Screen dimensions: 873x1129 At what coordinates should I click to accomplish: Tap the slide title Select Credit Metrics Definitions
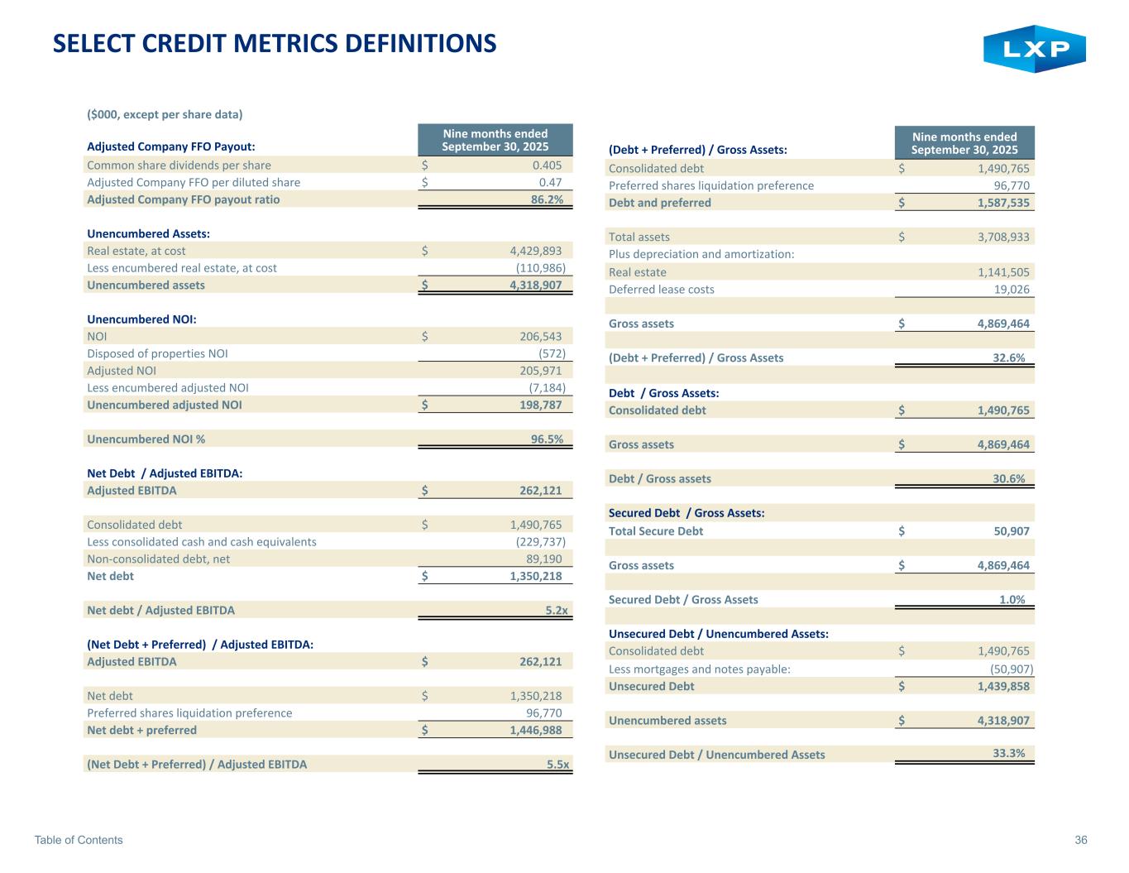point(275,43)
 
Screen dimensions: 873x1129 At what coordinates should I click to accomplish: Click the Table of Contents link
point(79,840)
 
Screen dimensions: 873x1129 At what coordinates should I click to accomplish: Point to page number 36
point(1081,840)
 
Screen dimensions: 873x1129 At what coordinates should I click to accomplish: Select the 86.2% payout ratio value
point(547,199)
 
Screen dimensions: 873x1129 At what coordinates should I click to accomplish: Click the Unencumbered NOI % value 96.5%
point(547,439)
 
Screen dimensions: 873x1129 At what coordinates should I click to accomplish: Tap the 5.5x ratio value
point(558,765)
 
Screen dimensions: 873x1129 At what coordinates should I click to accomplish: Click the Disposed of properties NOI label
point(157,353)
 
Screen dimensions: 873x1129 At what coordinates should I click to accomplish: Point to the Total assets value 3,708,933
point(998,237)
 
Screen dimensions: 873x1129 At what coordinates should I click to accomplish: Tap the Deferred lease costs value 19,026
point(1012,290)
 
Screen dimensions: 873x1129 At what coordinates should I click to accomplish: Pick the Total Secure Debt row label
point(656,531)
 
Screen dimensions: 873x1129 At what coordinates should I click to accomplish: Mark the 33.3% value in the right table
point(1008,753)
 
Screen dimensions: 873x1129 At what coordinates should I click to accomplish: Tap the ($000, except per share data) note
point(165,114)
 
